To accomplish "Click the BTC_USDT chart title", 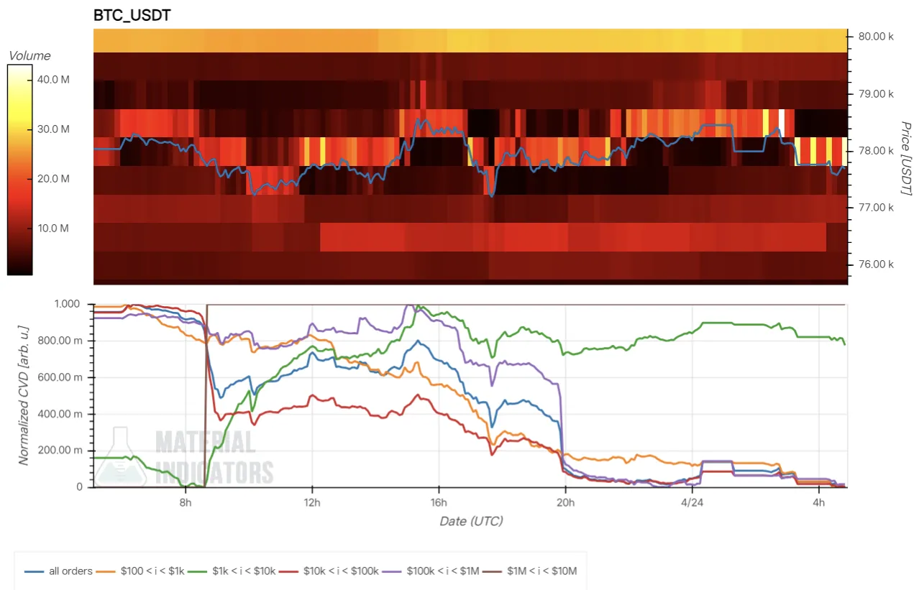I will (132, 15).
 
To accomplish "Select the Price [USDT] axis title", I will (905, 157).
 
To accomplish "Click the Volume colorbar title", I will (29, 55).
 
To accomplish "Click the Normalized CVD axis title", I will (24, 395).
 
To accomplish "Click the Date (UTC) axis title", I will (471, 521).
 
